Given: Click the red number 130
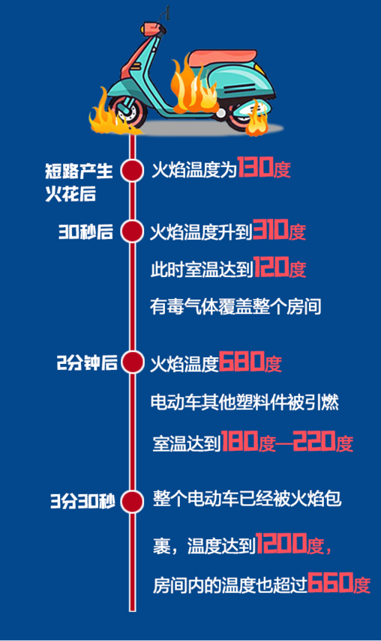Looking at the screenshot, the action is (255, 167).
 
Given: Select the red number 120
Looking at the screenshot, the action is (271, 267).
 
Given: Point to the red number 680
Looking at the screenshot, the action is (241, 362).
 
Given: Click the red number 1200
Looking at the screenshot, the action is (281, 544).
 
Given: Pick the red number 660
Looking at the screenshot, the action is (330, 583).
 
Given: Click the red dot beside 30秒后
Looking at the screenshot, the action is (132, 231).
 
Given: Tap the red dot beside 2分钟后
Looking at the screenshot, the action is (132, 362).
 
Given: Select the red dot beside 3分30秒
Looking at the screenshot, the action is (132, 502).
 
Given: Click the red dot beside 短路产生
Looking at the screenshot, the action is (132, 171).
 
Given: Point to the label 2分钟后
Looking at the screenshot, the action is (87, 362).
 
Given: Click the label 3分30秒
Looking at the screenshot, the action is (82, 502).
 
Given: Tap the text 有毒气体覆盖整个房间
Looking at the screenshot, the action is (235, 306).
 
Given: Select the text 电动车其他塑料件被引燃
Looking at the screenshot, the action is (244, 403).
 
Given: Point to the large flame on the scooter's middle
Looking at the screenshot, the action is (192, 86).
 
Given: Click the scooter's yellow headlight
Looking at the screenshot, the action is (146, 28).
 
